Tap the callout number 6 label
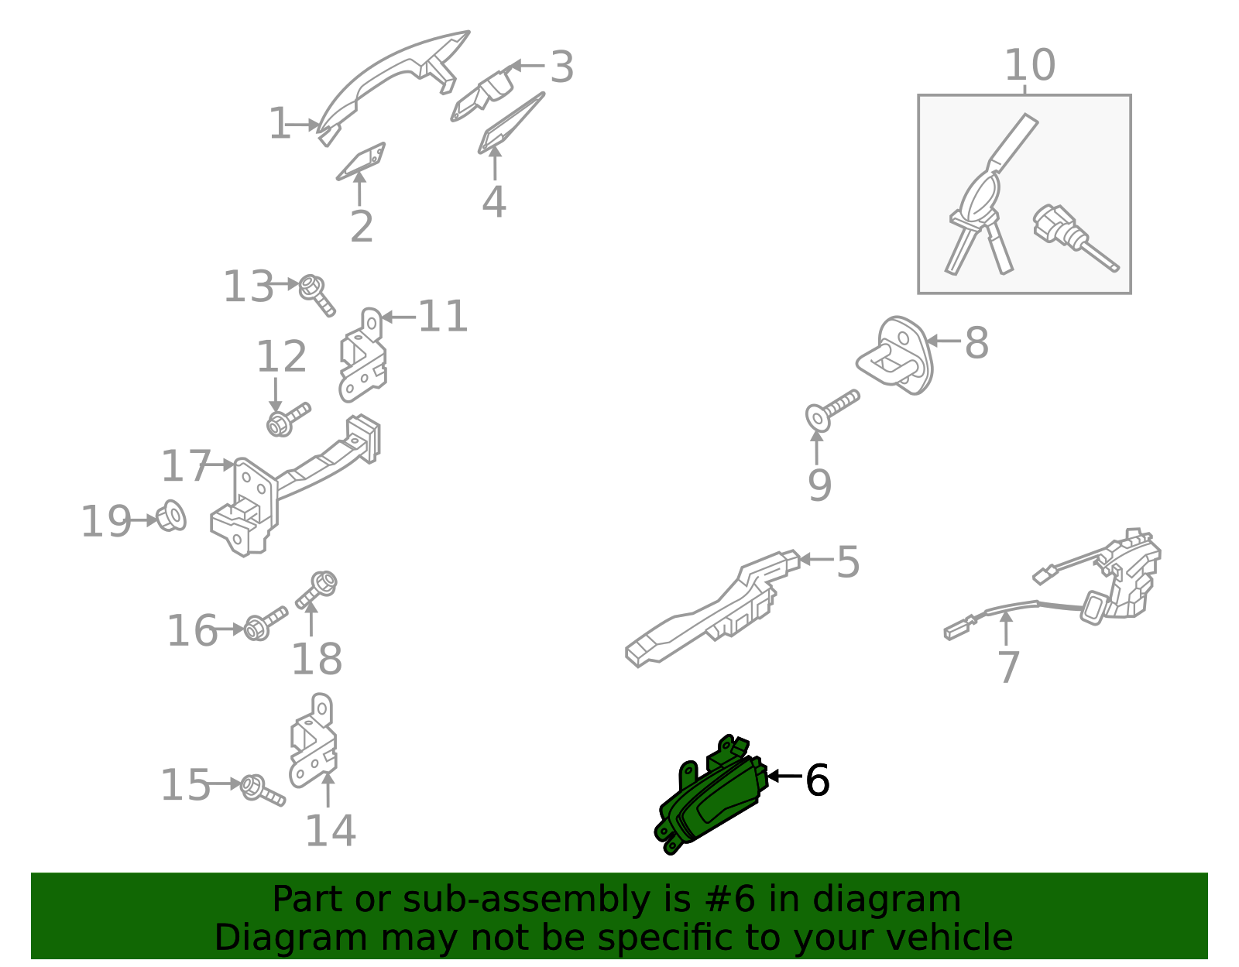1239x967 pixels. coord(817,780)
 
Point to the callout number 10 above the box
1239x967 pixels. coord(1030,65)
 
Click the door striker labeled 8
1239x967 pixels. coord(895,355)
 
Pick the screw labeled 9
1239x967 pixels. coord(832,410)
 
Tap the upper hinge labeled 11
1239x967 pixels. coord(362,356)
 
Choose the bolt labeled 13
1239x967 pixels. coord(317,295)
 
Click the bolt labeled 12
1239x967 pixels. coord(288,420)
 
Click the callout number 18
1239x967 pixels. coord(317,659)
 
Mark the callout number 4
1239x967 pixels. coord(494,201)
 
